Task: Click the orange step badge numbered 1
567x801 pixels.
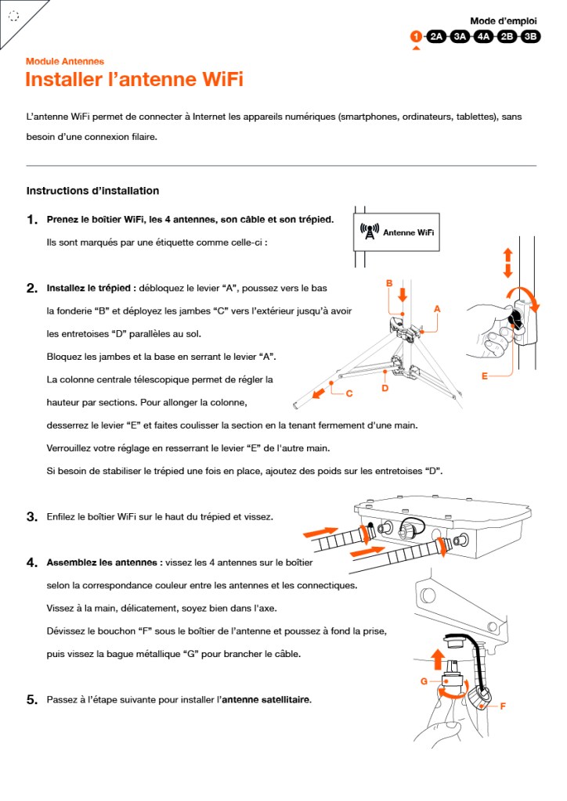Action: click(x=416, y=36)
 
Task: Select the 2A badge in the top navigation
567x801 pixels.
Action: click(x=437, y=36)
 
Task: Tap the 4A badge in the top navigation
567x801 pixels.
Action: click(x=483, y=36)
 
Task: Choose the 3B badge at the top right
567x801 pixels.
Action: click(x=531, y=36)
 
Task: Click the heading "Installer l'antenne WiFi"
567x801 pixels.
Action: click(x=134, y=80)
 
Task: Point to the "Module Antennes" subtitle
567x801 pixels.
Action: click(x=65, y=61)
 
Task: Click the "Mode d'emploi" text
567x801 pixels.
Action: click(x=503, y=21)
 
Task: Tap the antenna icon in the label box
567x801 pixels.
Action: click(x=369, y=232)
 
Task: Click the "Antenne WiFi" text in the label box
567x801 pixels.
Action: click(x=408, y=232)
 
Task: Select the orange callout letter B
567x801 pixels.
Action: click(x=388, y=282)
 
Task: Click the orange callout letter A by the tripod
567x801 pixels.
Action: click(x=437, y=309)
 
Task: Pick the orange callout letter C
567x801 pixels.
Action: click(x=349, y=393)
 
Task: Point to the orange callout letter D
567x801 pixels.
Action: click(x=385, y=388)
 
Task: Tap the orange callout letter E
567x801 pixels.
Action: click(x=485, y=376)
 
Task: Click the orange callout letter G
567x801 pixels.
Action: click(x=423, y=681)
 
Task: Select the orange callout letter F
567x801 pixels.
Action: click(x=502, y=706)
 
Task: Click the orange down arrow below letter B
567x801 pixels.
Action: click(x=403, y=295)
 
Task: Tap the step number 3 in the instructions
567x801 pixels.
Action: click(x=32, y=517)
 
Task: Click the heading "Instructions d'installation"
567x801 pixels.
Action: click(x=92, y=191)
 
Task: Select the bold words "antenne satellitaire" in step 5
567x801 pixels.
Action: click(x=266, y=699)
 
